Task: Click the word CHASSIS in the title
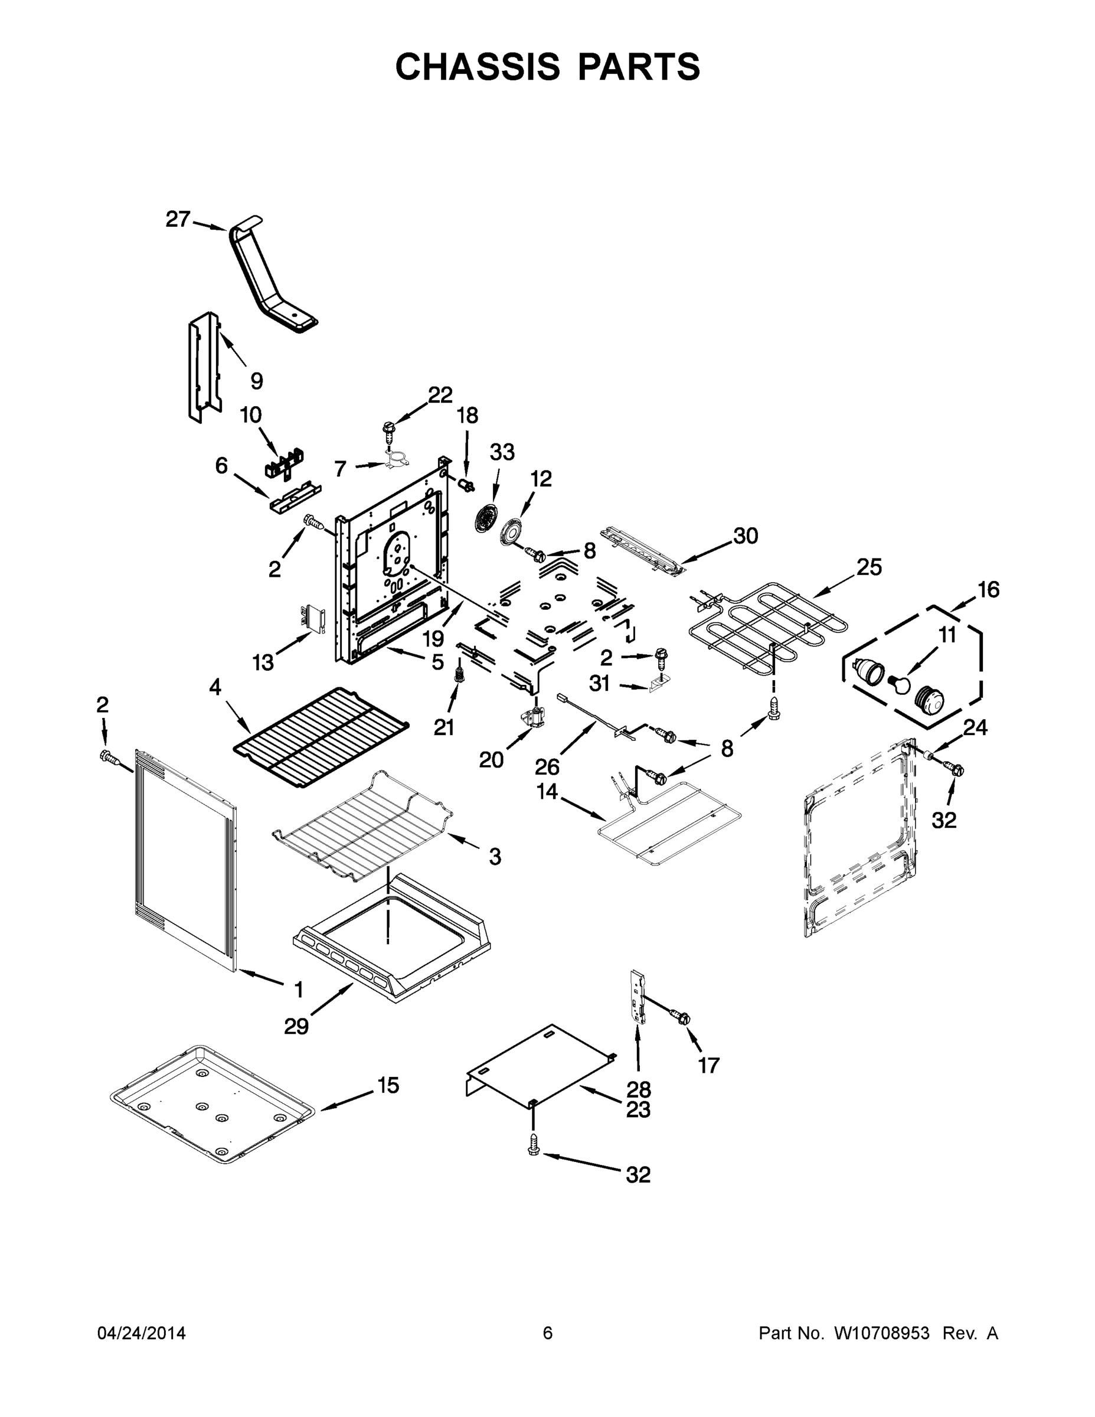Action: (x=478, y=67)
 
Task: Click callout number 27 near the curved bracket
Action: (x=178, y=220)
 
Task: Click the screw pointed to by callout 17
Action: (x=681, y=1016)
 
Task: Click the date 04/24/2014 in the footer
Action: (x=142, y=1333)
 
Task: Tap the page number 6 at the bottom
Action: (x=548, y=1333)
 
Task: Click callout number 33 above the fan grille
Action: (x=501, y=452)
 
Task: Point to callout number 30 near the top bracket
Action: (x=746, y=536)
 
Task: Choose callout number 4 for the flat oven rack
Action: (x=215, y=687)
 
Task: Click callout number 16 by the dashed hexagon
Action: (x=989, y=590)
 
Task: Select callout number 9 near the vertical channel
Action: (x=256, y=381)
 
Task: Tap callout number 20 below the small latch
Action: (x=491, y=760)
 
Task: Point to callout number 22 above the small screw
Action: (x=440, y=394)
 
